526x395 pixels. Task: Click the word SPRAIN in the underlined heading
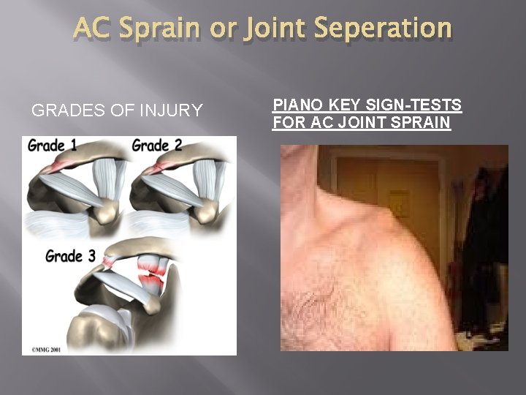coord(418,122)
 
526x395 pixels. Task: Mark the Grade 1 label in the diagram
coord(52,146)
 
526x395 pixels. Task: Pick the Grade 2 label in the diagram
coord(157,146)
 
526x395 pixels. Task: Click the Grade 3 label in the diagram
coord(69,256)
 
